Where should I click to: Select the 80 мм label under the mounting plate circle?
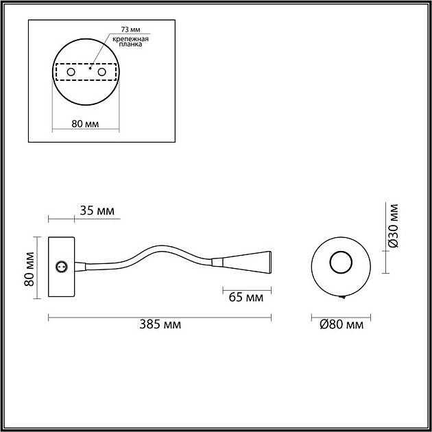tap(86, 124)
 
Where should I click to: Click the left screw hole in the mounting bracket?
tap(69, 72)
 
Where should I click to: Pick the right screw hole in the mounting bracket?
tap(102, 72)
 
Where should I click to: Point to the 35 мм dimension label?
tap(97, 210)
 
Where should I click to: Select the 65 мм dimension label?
tap(244, 298)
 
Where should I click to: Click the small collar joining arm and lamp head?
tap(217, 261)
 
